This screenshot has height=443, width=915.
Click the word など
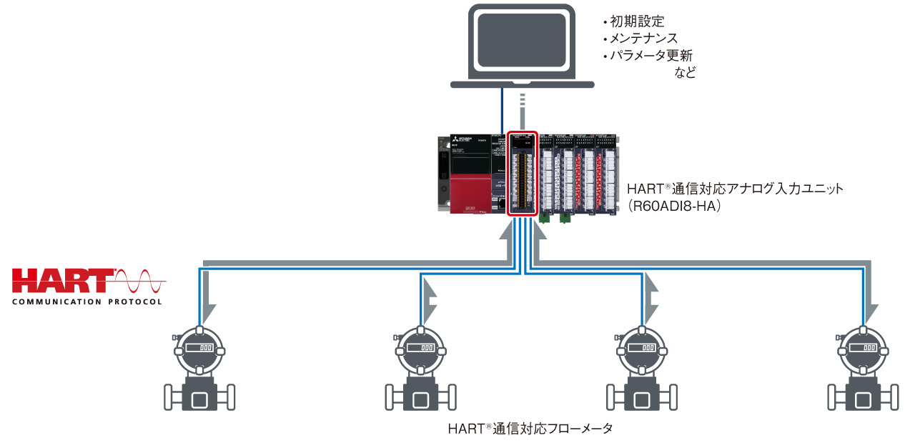(685, 73)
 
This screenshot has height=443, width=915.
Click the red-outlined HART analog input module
(521, 173)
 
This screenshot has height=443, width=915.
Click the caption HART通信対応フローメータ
(530, 429)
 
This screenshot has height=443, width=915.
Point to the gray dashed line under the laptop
(523, 107)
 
